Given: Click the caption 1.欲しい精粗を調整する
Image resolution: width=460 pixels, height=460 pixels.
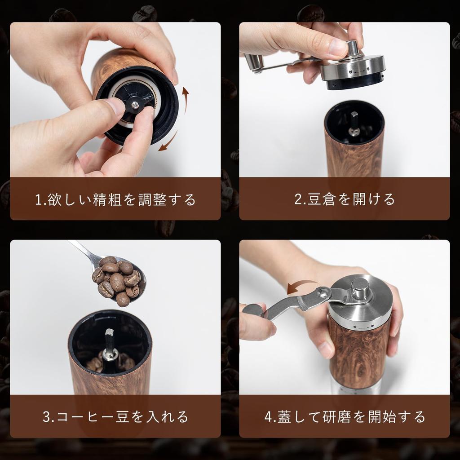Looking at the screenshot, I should coord(115,199).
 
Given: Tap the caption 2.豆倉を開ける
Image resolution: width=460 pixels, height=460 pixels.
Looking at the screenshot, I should coord(345,199).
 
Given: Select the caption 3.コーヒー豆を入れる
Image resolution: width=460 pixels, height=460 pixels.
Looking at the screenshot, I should coord(115,416).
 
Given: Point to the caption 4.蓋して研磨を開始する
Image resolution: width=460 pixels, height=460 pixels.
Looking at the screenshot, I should coord(345,416).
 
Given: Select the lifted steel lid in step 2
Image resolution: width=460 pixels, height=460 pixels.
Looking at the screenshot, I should coord(353,70).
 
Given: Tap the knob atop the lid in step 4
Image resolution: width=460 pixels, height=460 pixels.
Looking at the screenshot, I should coord(360,287).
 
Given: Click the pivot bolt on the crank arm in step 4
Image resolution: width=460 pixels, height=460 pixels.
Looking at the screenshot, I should coord(322,293).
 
